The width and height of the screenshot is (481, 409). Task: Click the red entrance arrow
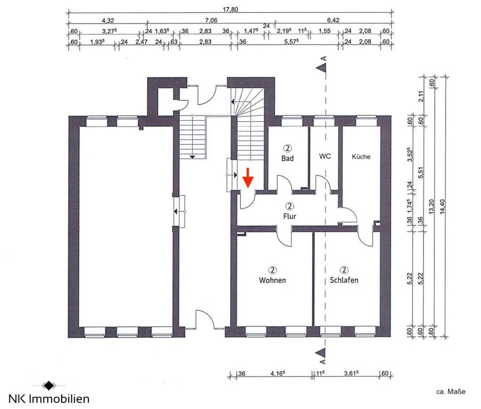[248, 177]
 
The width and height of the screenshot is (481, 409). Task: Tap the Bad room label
[288, 158]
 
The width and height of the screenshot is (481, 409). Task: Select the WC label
[325, 156]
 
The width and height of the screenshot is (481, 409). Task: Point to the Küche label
[361, 156]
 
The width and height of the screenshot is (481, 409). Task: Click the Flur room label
[290, 217]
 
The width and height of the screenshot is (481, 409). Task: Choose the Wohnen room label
[273, 280]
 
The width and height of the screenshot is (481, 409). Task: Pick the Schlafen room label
[344, 280]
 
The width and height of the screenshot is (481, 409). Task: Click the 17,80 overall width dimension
[230, 10]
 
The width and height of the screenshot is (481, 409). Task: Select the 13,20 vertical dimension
[431, 207]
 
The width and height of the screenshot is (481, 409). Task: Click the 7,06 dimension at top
[211, 20]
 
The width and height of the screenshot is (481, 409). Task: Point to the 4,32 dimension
[108, 21]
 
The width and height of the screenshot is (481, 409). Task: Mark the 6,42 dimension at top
[333, 20]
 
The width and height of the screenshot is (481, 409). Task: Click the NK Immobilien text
[49, 399]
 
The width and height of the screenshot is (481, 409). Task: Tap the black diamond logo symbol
[49, 385]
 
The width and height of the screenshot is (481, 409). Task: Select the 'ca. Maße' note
[450, 392]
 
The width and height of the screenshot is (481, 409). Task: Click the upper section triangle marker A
[321, 68]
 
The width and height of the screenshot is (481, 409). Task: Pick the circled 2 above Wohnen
[273, 270]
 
